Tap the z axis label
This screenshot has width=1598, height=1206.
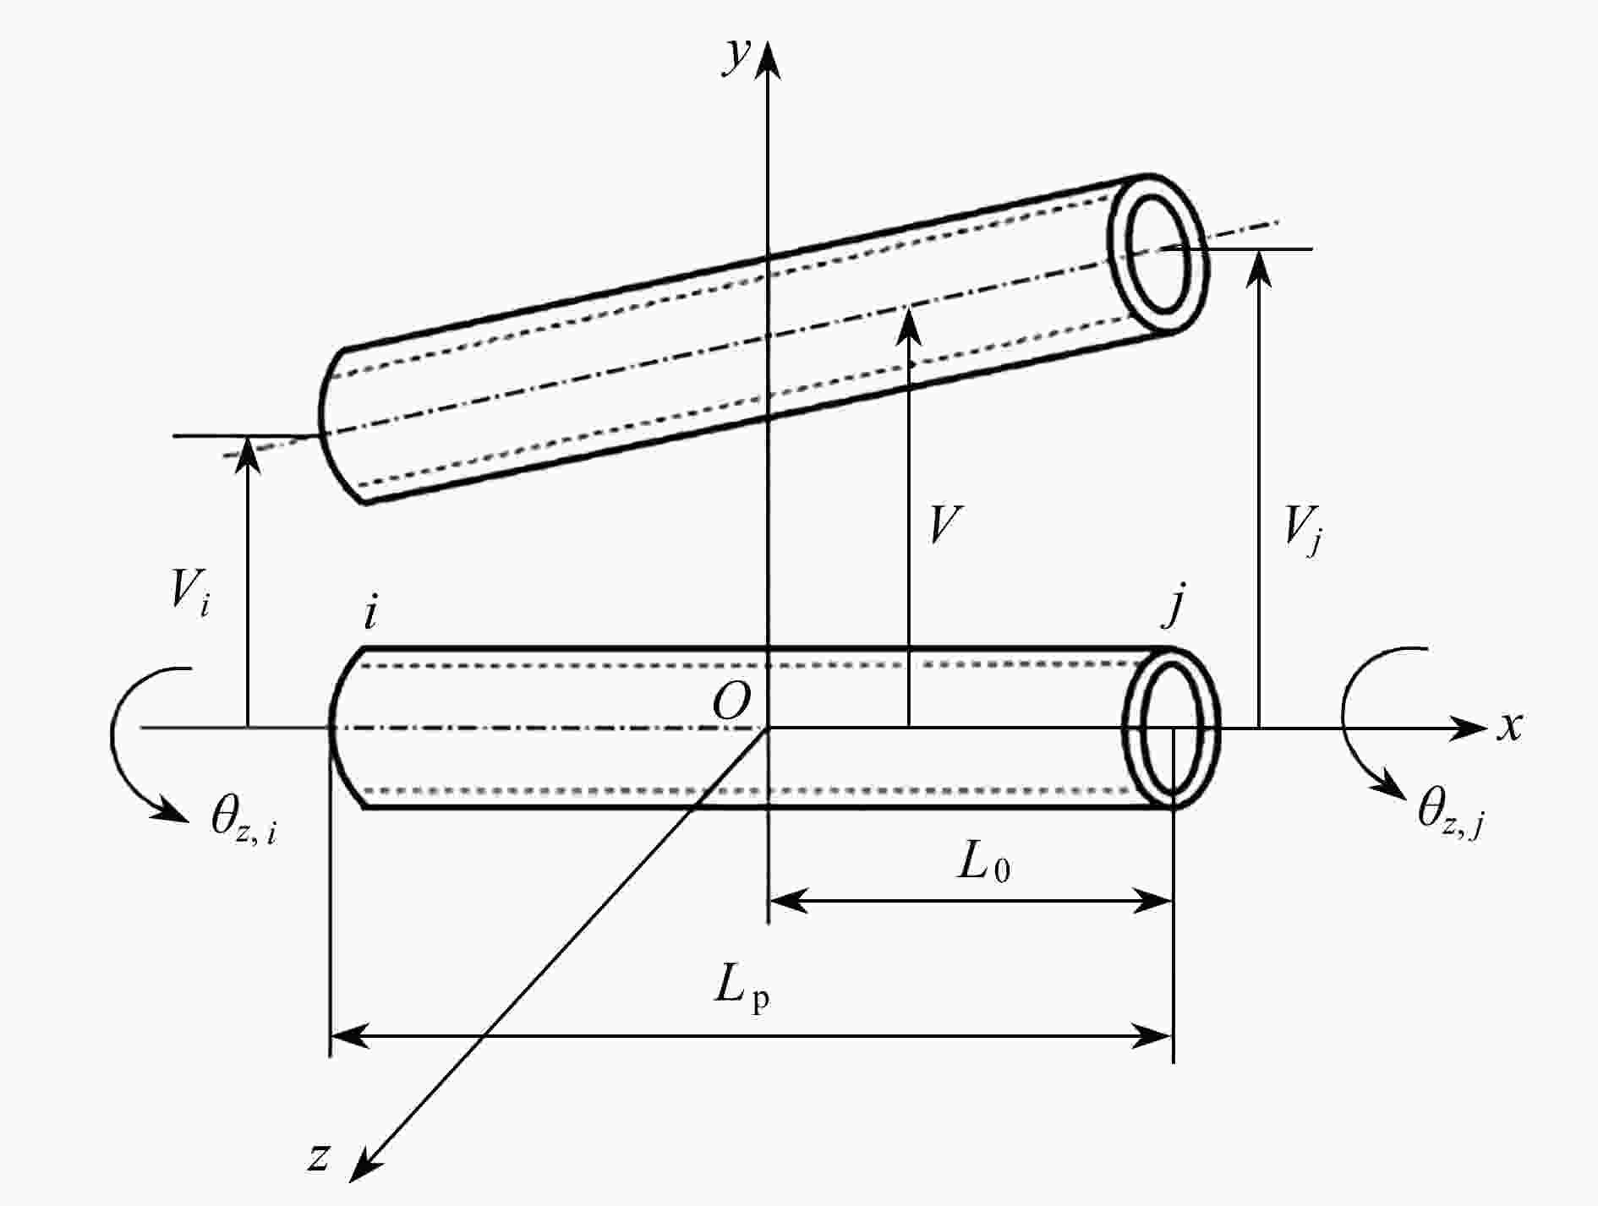tap(318, 1156)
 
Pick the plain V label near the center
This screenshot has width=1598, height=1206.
tap(944, 525)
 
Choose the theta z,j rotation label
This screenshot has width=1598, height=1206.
tap(1449, 813)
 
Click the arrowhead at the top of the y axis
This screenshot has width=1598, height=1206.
tap(768, 59)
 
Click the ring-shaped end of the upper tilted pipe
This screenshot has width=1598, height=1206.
tap(1159, 253)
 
